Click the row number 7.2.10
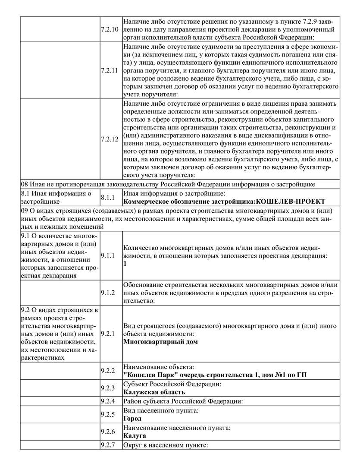point(108,29)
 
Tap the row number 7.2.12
point(108,139)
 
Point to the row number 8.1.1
point(107,197)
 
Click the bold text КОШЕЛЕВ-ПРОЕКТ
point(290,202)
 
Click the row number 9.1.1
point(107,256)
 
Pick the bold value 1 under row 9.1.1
point(125,264)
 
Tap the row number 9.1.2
point(107,293)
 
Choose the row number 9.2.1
point(107,334)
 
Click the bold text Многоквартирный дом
point(160,342)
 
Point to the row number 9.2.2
point(107,371)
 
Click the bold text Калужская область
point(154,392)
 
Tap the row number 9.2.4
point(107,401)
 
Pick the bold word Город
point(132,419)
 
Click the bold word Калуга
point(134,436)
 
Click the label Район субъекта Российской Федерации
point(183,401)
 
